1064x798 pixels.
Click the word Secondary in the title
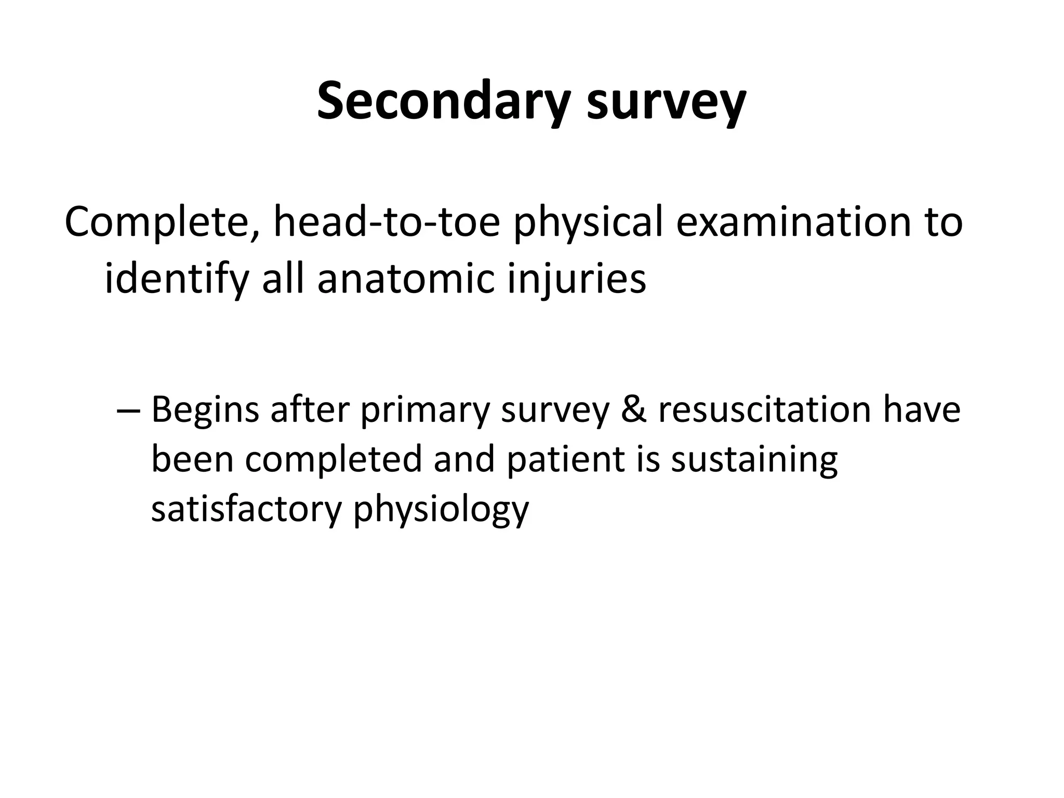(446, 101)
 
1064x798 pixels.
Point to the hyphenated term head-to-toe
(387, 222)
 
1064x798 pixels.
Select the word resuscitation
(764, 409)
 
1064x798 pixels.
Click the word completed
(333, 459)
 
